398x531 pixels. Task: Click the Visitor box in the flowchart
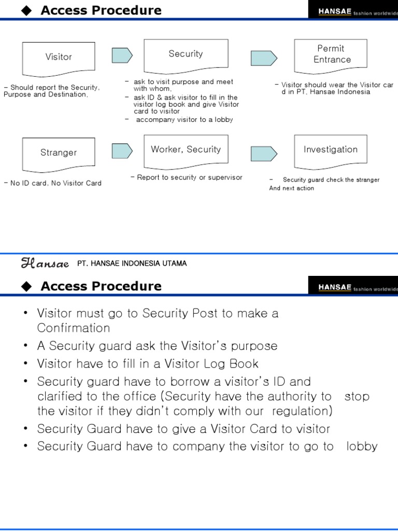click(x=59, y=57)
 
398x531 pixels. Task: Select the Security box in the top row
click(x=186, y=54)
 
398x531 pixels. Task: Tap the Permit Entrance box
click(x=331, y=54)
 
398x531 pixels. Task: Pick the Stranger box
click(x=59, y=152)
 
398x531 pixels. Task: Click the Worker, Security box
click(x=186, y=150)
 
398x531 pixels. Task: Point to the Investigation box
click(x=331, y=150)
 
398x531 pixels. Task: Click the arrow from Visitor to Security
click(x=122, y=55)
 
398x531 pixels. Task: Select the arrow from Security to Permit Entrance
click(x=264, y=58)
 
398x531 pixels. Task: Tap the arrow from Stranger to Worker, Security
click(x=122, y=151)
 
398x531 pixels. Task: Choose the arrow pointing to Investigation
click(x=264, y=153)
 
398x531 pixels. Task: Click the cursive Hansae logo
click(x=45, y=263)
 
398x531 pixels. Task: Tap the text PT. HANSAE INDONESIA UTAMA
click(x=132, y=263)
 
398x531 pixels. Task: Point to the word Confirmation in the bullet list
click(x=74, y=328)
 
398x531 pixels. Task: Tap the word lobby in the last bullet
click(x=362, y=446)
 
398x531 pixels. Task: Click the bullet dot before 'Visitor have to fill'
click(x=26, y=364)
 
